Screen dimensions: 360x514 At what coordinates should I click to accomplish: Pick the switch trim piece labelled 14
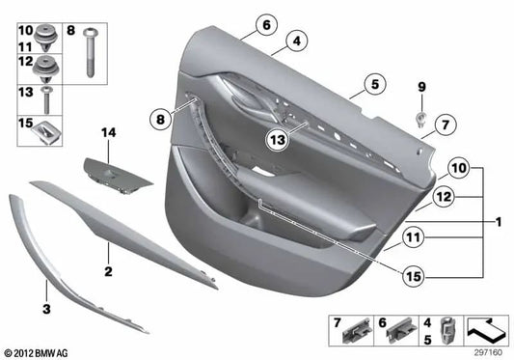click(114, 176)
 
